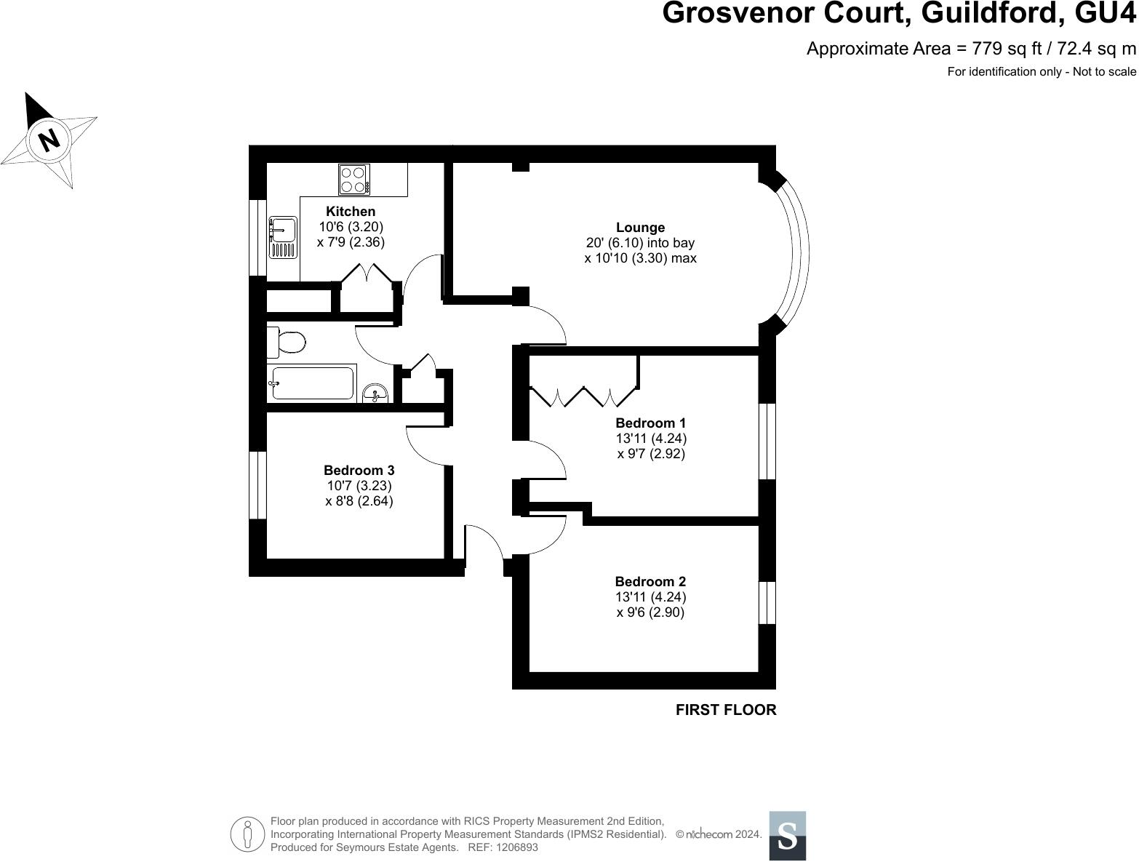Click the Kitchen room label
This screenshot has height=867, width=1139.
point(351,212)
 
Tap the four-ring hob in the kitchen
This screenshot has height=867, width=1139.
point(354,180)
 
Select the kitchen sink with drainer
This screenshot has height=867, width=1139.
point(283,237)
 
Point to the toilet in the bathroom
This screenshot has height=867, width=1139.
point(286,342)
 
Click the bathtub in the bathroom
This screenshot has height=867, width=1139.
point(312,383)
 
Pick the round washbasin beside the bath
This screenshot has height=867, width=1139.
point(375,393)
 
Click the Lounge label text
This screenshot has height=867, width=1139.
point(640,228)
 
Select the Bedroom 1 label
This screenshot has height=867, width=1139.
point(651,423)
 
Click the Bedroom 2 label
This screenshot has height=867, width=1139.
point(650,582)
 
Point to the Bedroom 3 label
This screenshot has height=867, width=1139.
point(359,470)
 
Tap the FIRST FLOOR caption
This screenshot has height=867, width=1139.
point(726,710)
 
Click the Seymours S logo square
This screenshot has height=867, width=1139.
point(788,836)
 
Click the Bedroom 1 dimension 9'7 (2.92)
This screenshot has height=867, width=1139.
point(651,454)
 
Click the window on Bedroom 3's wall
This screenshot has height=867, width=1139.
point(257,485)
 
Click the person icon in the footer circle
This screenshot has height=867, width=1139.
point(248,834)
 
